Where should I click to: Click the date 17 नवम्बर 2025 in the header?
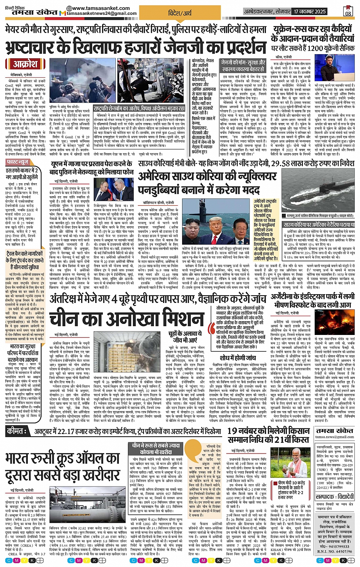[309, 12]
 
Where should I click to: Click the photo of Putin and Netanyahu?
[114, 190]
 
